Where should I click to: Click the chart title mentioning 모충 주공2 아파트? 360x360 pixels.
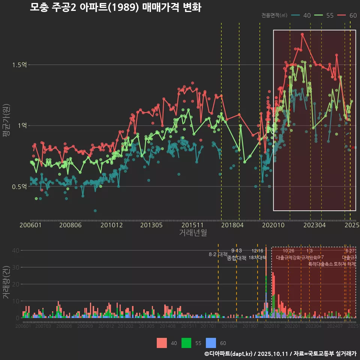click(115, 7)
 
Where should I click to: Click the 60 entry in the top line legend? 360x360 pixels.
click(353, 15)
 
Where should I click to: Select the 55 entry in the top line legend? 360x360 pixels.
click(330, 15)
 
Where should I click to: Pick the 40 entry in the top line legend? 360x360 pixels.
click(307, 15)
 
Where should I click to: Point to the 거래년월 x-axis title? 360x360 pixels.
click(193, 233)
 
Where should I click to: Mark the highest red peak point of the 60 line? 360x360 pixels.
click(302, 34)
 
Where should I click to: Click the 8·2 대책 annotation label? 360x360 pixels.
click(218, 254)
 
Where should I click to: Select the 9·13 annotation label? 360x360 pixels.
click(236, 250)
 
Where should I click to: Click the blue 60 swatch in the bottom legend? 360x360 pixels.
click(212, 343)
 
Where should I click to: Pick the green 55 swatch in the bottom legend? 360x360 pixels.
click(186, 343)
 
